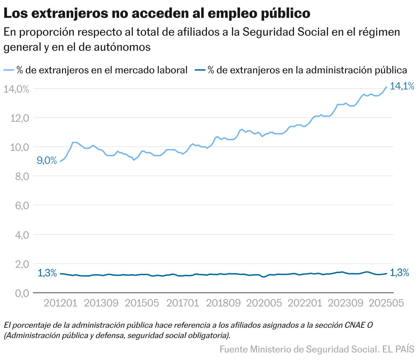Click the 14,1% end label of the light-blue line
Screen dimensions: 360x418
click(402, 86)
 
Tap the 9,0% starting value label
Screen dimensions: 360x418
click(47, 160)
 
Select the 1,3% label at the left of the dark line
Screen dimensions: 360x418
click(47, 273)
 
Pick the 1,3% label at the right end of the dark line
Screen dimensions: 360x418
click(399, 273)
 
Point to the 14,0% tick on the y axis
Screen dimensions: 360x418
click(16, 89)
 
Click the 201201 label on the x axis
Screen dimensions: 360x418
click(61, 303)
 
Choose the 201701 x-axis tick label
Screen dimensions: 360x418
click(183, 303)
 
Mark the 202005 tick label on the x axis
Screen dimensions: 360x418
click(264, 303)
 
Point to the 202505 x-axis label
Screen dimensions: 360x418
click(386, 303)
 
